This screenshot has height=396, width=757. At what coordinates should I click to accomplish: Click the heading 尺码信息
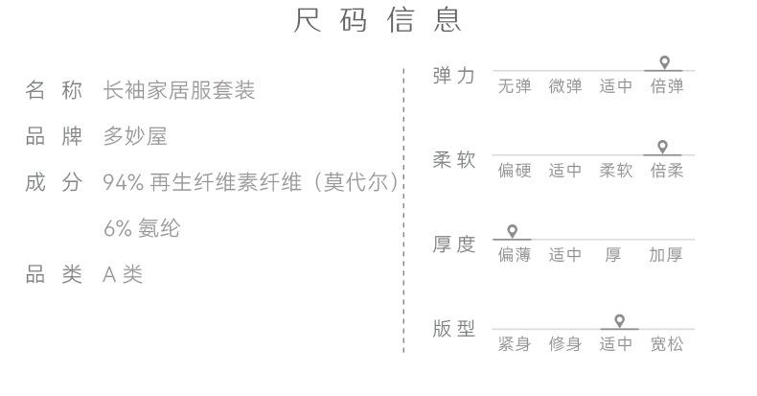[x=378, y=21]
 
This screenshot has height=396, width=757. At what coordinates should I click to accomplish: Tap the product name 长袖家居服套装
[x=178, y=91]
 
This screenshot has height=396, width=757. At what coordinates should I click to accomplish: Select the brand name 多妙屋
[x=135, y=137]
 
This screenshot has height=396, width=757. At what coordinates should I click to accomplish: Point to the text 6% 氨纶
[x=141, y=229]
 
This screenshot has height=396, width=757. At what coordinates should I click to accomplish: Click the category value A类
[x=123, y=275]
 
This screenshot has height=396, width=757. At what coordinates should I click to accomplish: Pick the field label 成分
[x=54, y=182]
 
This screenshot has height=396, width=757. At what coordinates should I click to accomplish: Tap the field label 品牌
[x=54, y=137]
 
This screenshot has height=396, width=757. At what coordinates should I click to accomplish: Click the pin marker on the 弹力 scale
[x=664, y=62]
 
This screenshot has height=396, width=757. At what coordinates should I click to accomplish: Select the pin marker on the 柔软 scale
[x=662, y=147]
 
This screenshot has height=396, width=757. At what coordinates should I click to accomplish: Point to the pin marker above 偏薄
[x=513, y=231]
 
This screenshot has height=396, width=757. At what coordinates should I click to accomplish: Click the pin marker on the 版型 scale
[x=619, y=320]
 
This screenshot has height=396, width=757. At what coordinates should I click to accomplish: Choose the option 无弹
[x=514, y=86]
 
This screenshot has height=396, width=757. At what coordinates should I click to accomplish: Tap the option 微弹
[x=565, y=86]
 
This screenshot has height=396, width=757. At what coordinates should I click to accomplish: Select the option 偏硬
[x=514, y=171]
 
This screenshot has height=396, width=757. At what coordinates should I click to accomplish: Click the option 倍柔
[x=667, y=171]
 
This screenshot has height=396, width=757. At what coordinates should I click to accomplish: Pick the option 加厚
[x=666, y=255]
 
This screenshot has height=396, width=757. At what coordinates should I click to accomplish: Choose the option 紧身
[x=514, y=343]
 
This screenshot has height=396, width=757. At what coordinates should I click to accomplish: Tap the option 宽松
[x=667, y=343]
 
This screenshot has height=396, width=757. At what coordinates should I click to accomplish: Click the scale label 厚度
[x=453, y=245]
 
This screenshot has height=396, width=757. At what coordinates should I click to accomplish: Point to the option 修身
[x=565, y=343]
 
